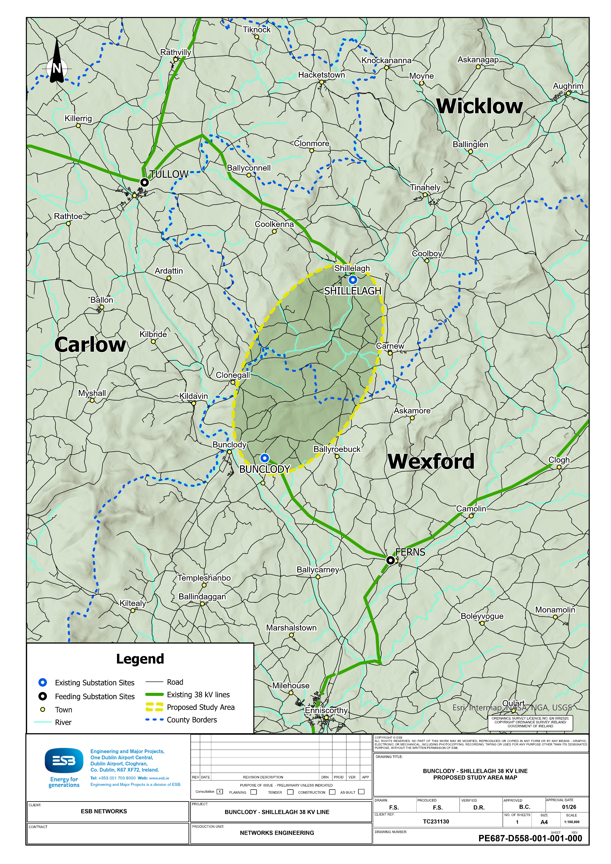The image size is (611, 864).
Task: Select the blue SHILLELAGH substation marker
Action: [353, 280]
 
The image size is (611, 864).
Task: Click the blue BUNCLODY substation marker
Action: [265, 458]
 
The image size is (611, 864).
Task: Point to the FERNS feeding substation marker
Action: [391, 560]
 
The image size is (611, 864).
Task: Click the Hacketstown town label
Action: [321, 75]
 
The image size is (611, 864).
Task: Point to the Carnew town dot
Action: [390, 353]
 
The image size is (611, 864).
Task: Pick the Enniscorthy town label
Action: [326, 710]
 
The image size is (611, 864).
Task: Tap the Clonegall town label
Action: [233, 375]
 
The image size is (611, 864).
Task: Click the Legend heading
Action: [140, 659]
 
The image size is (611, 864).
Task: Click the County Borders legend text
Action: [192, 720]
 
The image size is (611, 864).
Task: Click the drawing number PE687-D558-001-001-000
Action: [530, 838]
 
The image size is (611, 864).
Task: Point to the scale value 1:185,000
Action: [571, 822]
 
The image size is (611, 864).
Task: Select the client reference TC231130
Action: [436, 822]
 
